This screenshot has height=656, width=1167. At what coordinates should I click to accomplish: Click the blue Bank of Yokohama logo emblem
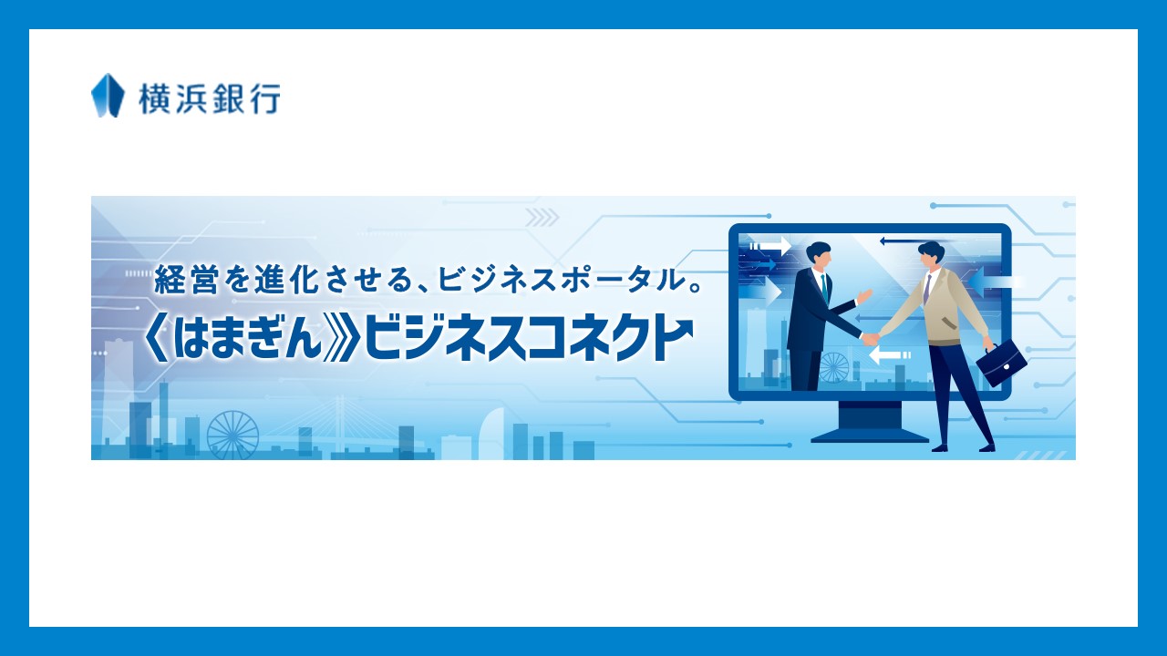[108, 96]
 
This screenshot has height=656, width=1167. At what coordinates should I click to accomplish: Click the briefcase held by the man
[1001, 363]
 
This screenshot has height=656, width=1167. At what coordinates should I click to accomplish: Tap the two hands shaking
[871, 338]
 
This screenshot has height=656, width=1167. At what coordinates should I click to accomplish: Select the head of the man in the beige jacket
[931, 256]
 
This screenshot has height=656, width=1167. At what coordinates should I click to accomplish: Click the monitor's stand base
[870, 434]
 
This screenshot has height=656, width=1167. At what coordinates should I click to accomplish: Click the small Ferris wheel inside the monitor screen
[833, 366]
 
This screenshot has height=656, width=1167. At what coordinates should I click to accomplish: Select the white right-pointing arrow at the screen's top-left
[771, 245]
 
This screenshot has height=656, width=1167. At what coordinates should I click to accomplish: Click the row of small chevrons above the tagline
[542, 217]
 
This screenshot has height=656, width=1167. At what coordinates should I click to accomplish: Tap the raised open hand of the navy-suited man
[863, 296]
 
